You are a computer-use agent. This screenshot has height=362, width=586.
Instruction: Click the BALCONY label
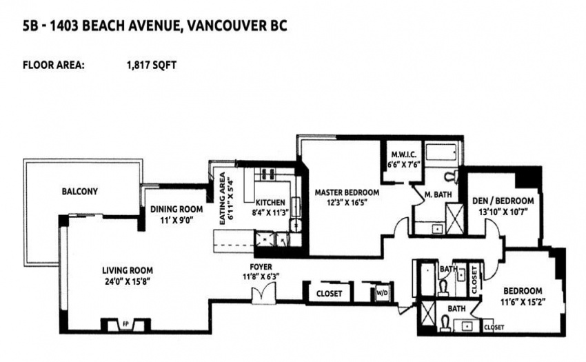[79, 192]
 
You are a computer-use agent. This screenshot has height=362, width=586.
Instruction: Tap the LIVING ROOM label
[128, 270]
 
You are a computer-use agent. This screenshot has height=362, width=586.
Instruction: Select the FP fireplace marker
[126, 324]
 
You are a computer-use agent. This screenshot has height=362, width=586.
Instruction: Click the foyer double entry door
[263, 293]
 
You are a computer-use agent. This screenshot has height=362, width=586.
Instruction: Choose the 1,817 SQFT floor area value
[152, 65]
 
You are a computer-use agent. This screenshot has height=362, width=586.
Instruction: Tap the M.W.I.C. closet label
[403, 154]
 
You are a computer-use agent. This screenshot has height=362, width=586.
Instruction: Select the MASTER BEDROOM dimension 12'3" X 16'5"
[347, 202]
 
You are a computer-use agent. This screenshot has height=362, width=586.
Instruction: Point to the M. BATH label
[438, 194]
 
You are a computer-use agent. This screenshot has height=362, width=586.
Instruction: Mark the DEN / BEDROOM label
[503, 201]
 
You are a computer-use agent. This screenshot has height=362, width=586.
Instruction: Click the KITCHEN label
[270, 203]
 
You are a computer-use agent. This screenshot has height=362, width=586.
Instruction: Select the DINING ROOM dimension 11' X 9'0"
[176, 220]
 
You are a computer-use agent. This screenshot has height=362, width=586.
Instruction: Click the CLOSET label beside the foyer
[330, 294]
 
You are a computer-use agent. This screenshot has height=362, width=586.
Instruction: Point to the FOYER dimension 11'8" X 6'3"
[261, 276]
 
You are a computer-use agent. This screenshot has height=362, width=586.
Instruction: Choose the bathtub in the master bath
[441, 152]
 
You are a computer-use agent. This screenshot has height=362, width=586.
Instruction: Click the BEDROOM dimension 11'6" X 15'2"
[523, 301]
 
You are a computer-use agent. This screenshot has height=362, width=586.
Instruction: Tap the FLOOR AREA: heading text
[54, 65]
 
